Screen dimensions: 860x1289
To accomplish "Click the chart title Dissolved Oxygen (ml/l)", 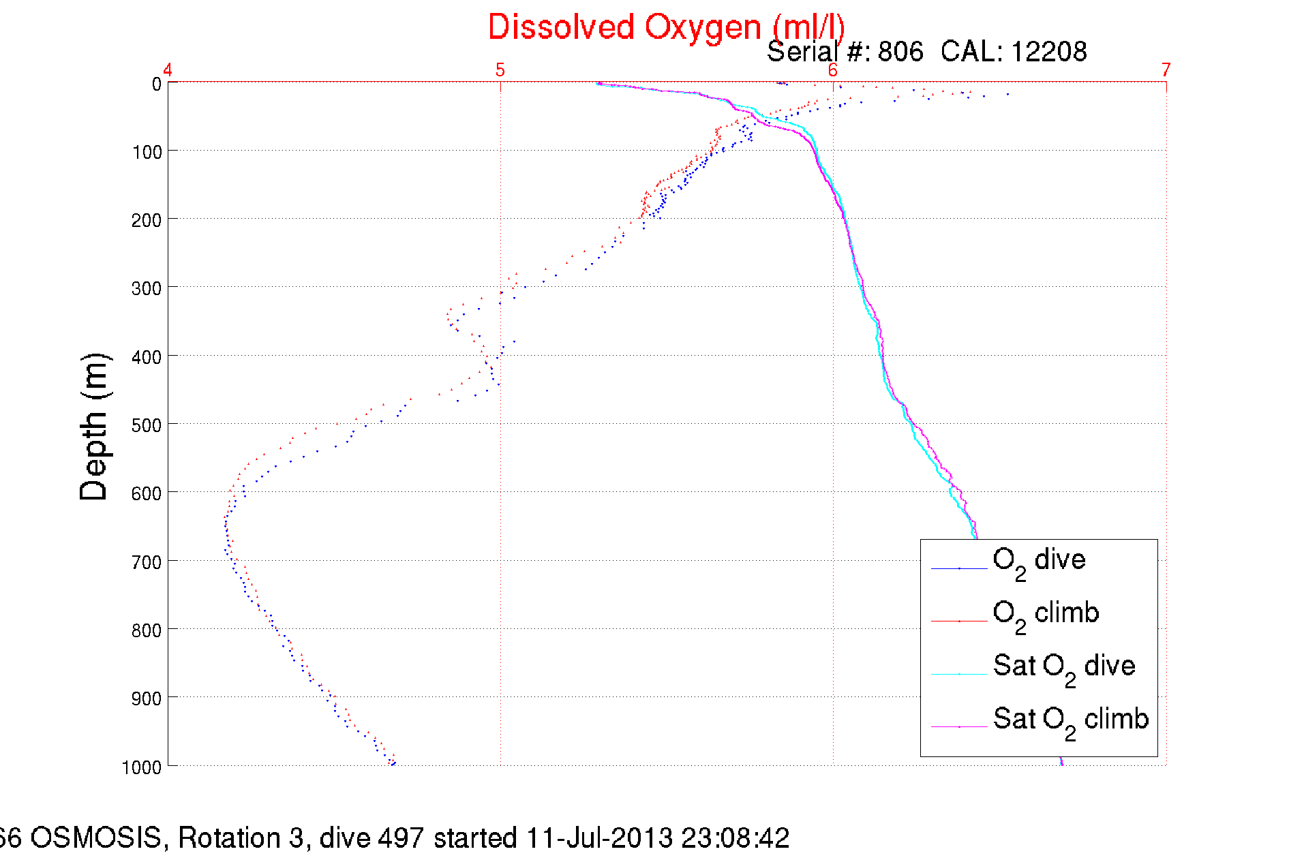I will tap(666, 28).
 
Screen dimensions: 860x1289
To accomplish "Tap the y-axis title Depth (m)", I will tap(94, 427).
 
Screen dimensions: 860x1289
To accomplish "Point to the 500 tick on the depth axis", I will tap(147, 425).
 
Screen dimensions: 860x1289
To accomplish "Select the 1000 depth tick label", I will tap(142, 767).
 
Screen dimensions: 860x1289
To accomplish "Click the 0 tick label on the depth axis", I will tap(157, 85).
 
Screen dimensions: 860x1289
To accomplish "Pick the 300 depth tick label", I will tap(147, 288).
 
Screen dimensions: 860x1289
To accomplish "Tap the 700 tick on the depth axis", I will tap(147, 562).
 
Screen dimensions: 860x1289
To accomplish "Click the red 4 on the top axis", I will tap(168, 70).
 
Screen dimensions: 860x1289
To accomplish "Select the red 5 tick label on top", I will tap(500, 70).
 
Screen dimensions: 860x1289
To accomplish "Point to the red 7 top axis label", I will tap(1166, 70).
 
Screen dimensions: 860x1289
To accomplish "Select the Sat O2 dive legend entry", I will tap(1063, 667).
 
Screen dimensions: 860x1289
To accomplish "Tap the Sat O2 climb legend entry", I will tap(1070, 720).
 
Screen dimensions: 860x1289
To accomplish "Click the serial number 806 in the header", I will tap(900, 52).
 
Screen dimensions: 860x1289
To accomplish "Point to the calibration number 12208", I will tap(1048, 52).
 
